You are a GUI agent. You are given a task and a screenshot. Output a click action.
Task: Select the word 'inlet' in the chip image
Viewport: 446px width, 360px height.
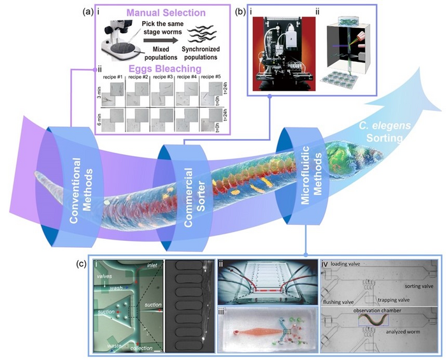coord(151,264)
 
